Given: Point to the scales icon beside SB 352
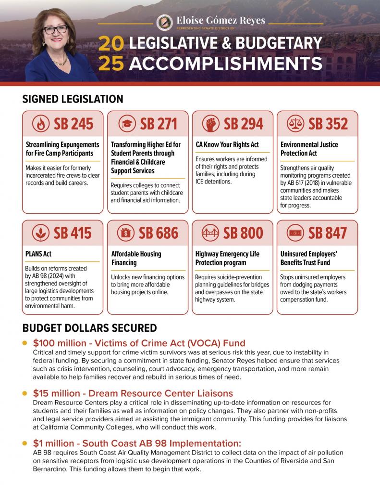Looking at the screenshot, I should pyautogui.click(x=295, y=124).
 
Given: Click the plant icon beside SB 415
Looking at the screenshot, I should pyautogui.click(x=41, y=234).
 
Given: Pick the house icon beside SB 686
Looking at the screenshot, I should pyautogui.click(x=126, y=234).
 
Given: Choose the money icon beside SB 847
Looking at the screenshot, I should pyautogui.click(x=295, y=234).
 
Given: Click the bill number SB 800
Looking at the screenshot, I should pyautogui.click(x=243, y=234).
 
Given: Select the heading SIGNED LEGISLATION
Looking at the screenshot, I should pyautogui.click(x=73, y=99).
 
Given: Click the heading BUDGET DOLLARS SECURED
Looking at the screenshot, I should pyautogui.click(x=89, y=328).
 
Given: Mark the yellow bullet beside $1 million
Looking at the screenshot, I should pyautogui.click(x=25, y=442).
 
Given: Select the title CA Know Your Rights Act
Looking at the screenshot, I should pyautogui.click(x=227, y=144).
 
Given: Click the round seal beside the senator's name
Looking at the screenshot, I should pyautogui.click(x=165, y=22).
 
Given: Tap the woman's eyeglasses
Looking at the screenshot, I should pyautogui.click(x=55, y=29).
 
